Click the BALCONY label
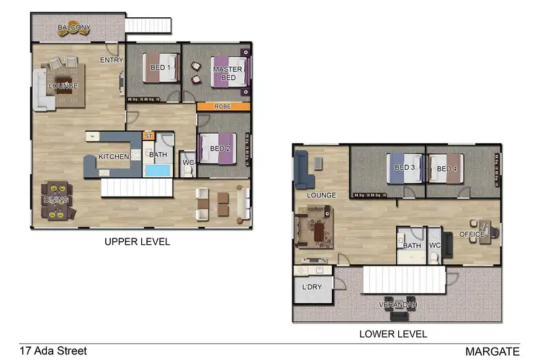pos(74,28)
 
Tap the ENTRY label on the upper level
pos(112,60)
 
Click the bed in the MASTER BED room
pos(229,71)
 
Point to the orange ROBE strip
pos(223,107)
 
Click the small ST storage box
pos(149,135)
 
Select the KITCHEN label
pos(114,156)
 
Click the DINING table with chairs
pos(55,201)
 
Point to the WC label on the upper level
pos(188,162)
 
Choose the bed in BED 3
pos(404,168)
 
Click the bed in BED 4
pos(446,169)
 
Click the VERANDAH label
pos(397,305)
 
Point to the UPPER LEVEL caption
pos(138,242)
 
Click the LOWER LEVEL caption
pos(394,334)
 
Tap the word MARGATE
pos(492,351)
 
